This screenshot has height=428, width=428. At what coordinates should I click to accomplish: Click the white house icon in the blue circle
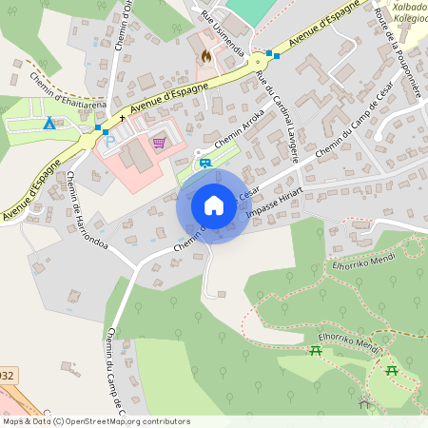click(214, 205)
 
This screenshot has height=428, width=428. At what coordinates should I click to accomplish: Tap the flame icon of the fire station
click(204, 56)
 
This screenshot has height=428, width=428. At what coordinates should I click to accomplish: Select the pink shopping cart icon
click(159, 143)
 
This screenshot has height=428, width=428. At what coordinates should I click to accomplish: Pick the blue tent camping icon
click(49, 124)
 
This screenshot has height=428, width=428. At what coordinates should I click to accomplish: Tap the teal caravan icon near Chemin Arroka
click(205, 163)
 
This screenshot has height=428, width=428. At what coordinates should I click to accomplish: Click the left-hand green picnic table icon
click(317, 351)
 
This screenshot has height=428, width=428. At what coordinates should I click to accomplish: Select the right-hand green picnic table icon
click(391, 369)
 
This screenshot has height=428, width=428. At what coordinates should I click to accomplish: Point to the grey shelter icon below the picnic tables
click(363, 404)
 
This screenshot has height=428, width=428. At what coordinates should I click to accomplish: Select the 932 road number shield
click(6, 376)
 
